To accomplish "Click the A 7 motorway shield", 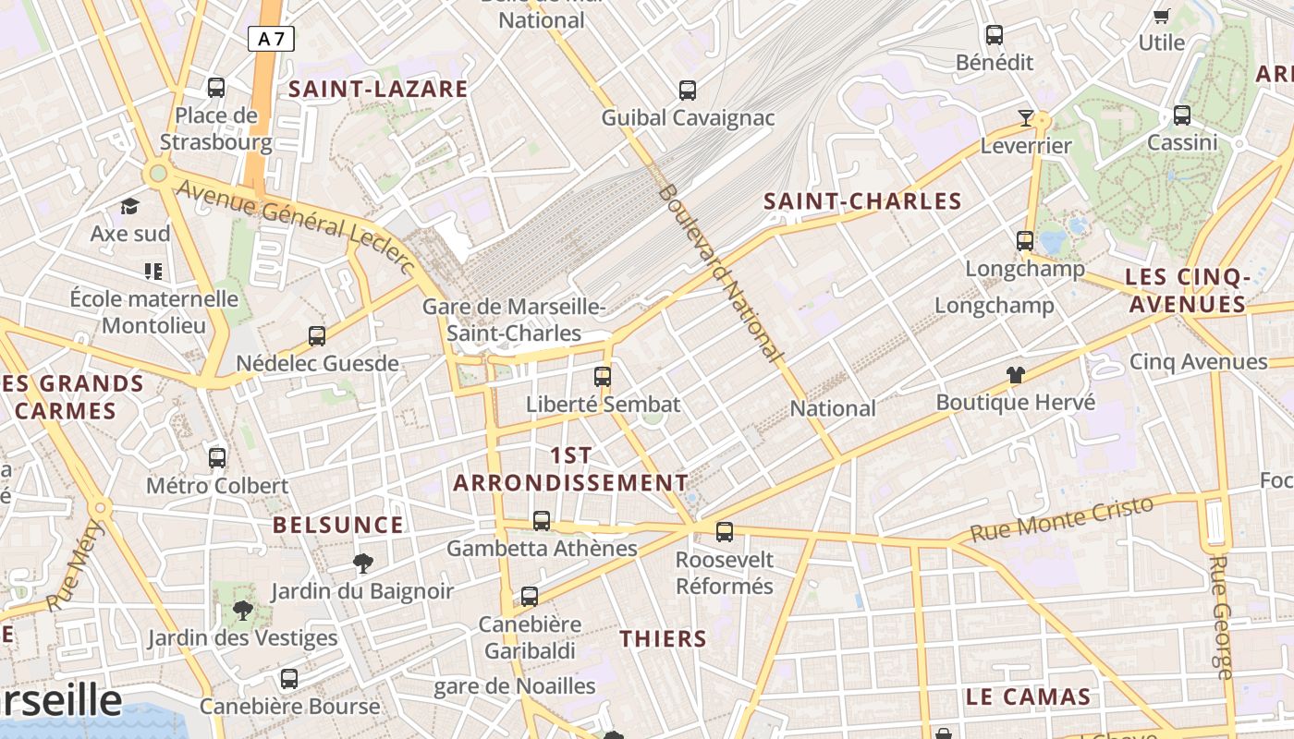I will point(271,39).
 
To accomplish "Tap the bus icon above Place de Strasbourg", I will point(216,88).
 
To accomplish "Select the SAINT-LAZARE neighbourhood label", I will point(379,90).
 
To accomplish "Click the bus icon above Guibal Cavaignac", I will point(688,91).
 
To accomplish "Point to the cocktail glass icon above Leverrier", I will point(1025,117).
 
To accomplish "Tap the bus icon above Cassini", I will point(1182,115).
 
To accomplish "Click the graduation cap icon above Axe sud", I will point(129,206).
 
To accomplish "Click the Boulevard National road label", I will point(720,272).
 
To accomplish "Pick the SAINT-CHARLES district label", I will point(862,201).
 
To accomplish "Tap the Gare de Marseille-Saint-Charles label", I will point(514,320).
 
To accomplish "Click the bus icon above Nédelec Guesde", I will point(317,336).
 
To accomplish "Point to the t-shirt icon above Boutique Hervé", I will point(1016,375).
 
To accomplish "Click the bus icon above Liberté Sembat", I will point(603,377).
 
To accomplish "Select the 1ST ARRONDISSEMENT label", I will point(571,469).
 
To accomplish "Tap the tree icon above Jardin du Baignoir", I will point(363,563).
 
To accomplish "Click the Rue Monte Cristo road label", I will point(1063,519).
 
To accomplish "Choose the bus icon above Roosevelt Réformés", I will point(725,531).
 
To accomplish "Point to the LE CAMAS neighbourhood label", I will point(1028,697).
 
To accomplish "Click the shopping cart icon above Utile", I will point(1162,16).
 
